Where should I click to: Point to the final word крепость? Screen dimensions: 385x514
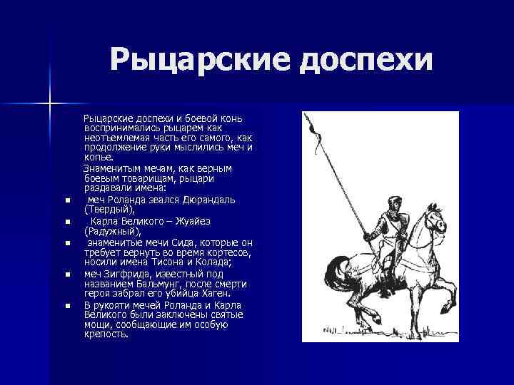click(106, 334)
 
